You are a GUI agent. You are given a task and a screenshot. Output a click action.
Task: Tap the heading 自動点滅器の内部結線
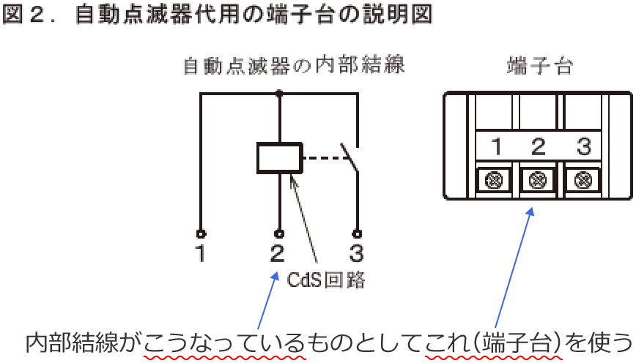(293, 66)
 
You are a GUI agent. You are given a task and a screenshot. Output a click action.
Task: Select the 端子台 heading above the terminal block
(539, 67)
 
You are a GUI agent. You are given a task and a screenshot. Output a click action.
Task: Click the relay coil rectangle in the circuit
(278, 158)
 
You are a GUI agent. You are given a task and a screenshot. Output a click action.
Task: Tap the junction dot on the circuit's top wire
(278, 93)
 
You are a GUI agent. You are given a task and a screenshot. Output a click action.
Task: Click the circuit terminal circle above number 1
(200, 234)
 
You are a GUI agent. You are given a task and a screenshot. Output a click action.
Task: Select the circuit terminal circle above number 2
(278, 234)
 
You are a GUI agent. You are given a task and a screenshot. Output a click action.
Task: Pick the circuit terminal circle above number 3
(357, 234)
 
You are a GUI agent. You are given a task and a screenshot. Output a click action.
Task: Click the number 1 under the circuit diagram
(200, 255)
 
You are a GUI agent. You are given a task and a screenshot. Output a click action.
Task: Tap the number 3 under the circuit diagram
(357, 255)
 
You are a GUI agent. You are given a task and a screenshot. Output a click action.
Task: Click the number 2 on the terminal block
(539, 147)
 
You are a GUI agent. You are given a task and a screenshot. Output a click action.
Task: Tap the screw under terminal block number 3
(583, 179)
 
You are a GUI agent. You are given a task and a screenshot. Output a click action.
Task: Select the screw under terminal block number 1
(495, 179)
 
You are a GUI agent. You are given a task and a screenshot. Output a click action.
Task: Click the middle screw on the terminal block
(539, 179)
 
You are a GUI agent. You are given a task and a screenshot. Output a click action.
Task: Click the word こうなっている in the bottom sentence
(224, 342)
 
